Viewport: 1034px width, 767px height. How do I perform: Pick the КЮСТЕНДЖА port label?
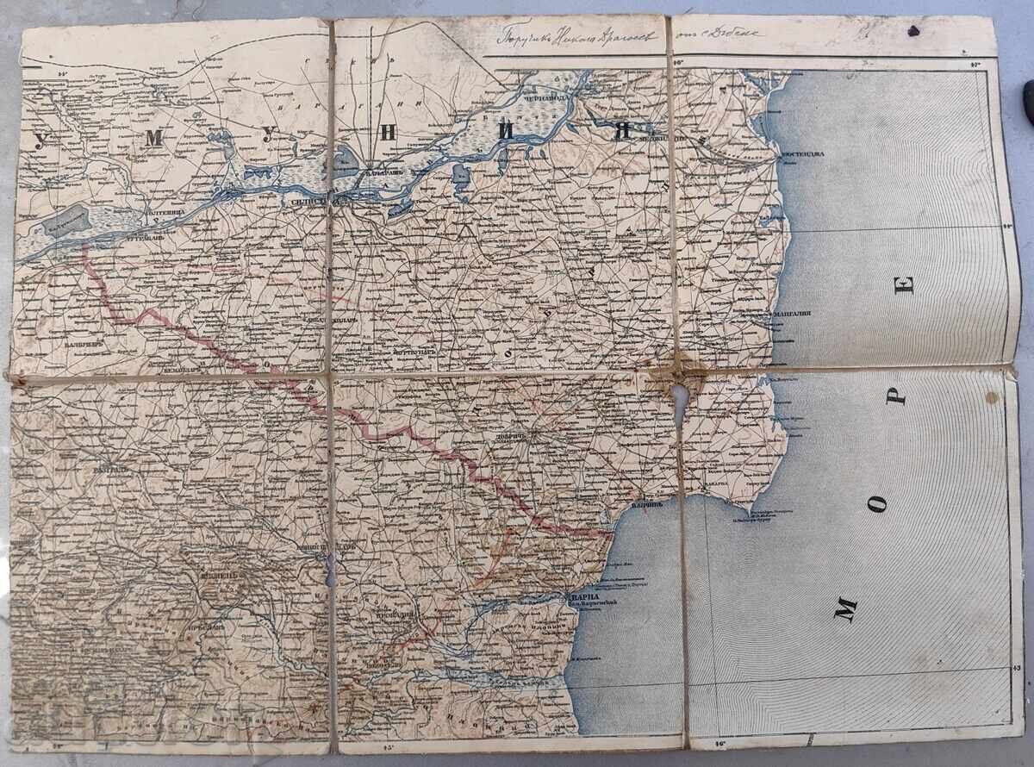click(802, 154)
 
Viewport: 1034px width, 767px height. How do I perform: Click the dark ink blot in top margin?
click(913, 30)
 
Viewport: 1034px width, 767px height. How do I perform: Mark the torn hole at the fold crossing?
click(681, 401)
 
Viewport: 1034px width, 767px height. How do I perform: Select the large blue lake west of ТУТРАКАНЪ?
click(65, 221)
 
